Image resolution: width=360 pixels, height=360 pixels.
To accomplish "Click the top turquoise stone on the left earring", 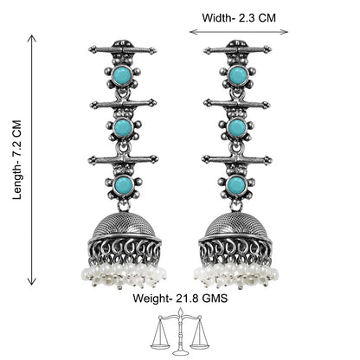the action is click(x=123, y=76).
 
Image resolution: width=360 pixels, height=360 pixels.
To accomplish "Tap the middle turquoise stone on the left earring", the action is click(x=124, y=126).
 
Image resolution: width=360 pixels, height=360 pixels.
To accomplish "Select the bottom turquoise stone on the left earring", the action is click(x=124, y=185).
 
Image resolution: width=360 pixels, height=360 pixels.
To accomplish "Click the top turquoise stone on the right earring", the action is click(x=238, y=75).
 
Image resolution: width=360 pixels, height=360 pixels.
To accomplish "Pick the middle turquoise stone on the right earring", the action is click(x=237, y=127).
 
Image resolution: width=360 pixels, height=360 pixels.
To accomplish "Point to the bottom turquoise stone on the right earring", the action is click(x=236, y=185).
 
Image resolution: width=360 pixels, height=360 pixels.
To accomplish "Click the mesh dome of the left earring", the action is click(x=125, y=227).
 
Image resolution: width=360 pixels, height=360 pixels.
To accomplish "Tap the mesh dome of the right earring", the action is click(x=235, y=227).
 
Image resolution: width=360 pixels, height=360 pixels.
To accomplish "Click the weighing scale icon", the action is click(x=180, y=331).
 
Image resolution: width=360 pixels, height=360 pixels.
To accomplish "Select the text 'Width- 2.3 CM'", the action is click(x=239, y=18).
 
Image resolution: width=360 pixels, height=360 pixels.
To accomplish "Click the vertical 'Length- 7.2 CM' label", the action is click(x=17, y=160).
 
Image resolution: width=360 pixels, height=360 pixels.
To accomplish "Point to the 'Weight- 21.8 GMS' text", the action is click(x=180, y=298).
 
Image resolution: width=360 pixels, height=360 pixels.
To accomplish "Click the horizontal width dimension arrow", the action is click(x=239, y=32).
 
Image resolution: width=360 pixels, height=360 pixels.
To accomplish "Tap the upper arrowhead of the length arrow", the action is click(x=32, y=38).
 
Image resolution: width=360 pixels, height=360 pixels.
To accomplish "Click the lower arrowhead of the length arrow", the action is click(x=32, y=280).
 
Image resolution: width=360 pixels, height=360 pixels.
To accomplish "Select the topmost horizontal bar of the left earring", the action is click(x=123, y=50).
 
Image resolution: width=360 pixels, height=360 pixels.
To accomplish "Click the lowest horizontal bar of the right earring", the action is click(x=237, y=159).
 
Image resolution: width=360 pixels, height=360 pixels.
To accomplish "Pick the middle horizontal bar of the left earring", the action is click(x=124, y=104).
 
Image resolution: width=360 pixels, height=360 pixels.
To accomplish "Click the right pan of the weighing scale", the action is click(x=200, y=343).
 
